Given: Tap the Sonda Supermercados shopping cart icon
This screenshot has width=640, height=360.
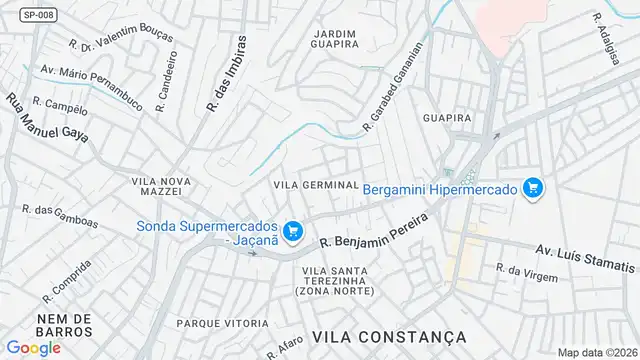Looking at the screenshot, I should click(292, 233).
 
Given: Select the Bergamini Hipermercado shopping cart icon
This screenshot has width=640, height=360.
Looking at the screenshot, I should click(532, 188).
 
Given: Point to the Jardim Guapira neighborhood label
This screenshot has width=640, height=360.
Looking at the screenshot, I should click(335, 37).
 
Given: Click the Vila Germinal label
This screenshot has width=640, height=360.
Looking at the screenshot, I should click(316, 185).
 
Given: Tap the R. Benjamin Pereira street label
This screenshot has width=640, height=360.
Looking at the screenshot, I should click(373, 228).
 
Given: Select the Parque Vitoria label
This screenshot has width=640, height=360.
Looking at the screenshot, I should click(222, 323).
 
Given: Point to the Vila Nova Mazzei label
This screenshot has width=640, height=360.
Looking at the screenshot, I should click(157, 185).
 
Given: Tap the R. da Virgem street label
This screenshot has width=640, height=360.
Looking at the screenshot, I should click(527, 273).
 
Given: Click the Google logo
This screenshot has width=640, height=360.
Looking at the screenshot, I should click(33, 347).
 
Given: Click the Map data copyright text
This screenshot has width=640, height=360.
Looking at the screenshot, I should click(597, 352).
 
